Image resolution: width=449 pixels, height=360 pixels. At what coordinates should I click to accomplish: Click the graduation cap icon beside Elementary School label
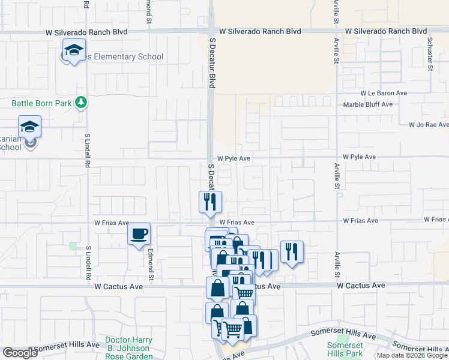point(74,50)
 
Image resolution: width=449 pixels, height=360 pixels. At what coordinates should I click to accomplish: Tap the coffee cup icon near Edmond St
point(139,233)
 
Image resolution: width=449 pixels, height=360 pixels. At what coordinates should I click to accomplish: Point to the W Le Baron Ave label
point(384,93)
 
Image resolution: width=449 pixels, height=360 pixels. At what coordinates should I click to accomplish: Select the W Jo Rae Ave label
point(429,125)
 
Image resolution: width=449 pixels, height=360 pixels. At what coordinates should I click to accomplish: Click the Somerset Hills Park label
point(345,349)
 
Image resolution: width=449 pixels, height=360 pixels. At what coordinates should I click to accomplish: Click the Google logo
point(20,353)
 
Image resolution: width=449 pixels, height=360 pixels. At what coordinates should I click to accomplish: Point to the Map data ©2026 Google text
point(412,355)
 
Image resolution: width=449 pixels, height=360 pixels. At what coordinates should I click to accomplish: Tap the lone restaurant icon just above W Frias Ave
point(211,202)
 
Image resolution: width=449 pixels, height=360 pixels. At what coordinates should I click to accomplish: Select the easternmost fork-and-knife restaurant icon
point(292,251)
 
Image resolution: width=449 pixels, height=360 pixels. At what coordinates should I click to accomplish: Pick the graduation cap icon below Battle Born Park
point(29,127)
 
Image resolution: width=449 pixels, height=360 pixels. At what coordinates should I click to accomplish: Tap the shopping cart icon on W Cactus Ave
point(244,292)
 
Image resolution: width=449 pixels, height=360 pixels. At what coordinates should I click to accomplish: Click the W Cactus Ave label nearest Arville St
point(361,286)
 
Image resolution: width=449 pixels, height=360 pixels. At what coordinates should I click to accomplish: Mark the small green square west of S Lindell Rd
point(73,246)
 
